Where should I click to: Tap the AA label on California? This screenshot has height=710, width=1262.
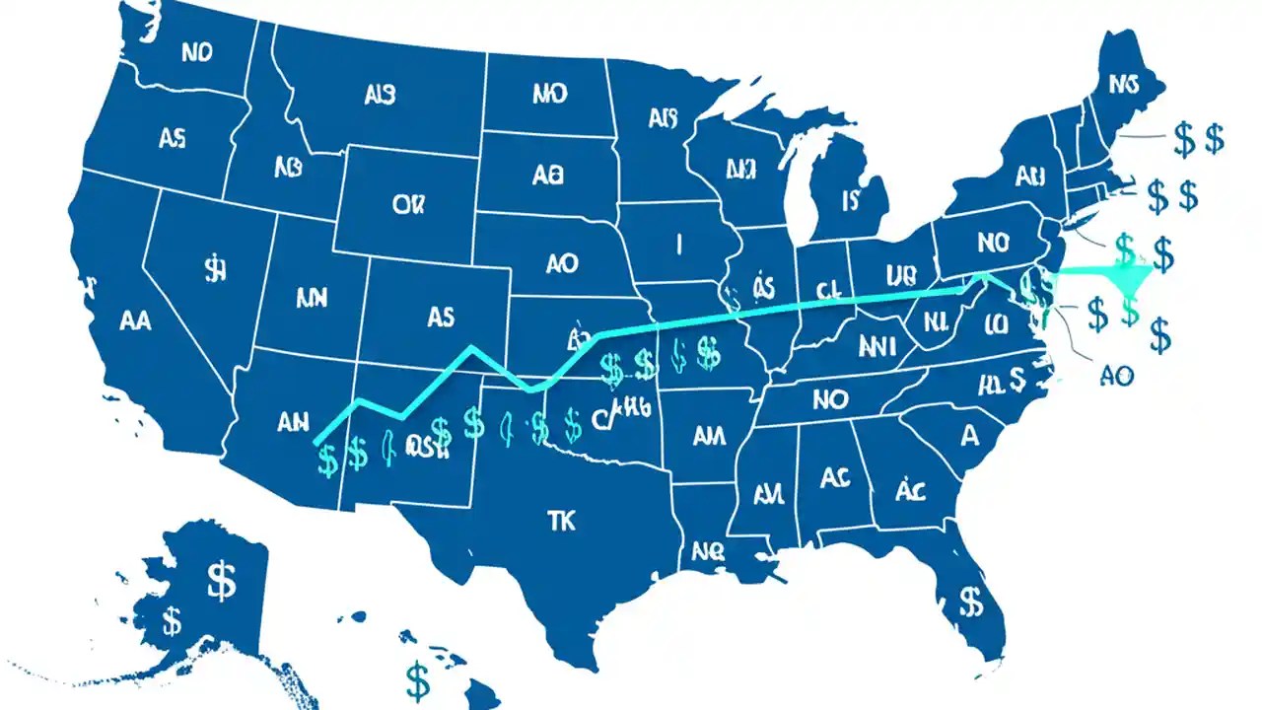(x=135, y=320)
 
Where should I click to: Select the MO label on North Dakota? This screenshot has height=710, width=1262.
(x=549, y=94)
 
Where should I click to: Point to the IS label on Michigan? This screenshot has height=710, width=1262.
(x=851, y=201)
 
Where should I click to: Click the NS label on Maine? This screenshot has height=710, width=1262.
(x=1123, y=86)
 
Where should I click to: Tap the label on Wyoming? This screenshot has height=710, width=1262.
(x=406, y=204)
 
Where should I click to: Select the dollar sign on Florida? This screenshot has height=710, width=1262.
(x=971, y=600)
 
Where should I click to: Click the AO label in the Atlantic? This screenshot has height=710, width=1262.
(x=1115, y=375)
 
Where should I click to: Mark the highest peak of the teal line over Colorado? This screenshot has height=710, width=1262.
(x=473, y=347)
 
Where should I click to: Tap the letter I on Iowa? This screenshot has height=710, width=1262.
(x=678, y=243)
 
